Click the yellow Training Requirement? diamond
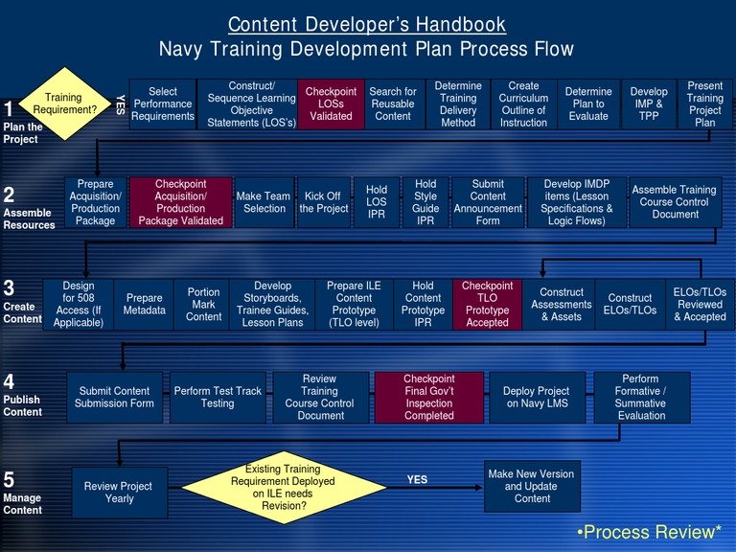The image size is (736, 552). (x=63, y=103)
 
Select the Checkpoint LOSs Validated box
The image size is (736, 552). (x=331, y=103)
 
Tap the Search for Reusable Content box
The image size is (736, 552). (x=393, y=103)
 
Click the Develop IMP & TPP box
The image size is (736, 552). (x=649, y=103)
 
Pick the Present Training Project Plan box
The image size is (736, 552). (x=705, y=103)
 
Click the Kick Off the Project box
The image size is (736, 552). (x=324, y=202)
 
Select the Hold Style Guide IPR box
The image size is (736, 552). (x=425, y=202)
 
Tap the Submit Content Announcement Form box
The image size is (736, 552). (x=488, y=202)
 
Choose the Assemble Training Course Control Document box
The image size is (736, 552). (x=676, y=202)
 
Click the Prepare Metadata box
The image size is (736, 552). (x=145, y=304)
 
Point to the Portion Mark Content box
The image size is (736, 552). (x=203, y=304)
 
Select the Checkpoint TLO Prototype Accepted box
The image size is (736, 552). (x=487, y=304)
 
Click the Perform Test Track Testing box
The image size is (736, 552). (x=218, y=398)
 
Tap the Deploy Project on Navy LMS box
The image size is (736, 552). (x=538, y=398)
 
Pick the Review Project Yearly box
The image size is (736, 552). (x=120, y=493)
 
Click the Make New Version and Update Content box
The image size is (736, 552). (x=532, y=486)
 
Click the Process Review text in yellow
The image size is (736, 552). (x=649, y=532)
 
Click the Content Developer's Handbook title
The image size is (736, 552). (x=367, y=24)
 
